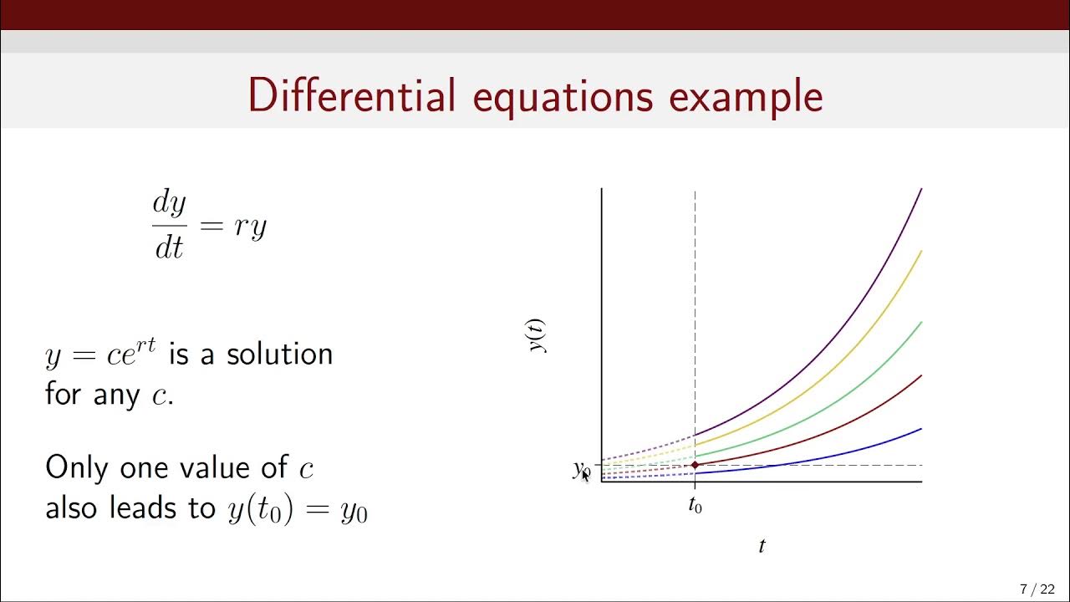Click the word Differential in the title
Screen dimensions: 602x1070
click(x=352, y=95)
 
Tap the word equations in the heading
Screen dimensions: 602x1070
click(x=563, y=97)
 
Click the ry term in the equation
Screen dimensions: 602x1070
click(x=250, y=227)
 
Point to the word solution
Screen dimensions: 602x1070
click(x=279, y=355)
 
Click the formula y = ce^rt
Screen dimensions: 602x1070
click(x=100, y=355)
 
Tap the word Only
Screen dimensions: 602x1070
click(x=78, y=467)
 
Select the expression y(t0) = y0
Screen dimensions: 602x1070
click(x=297, y=509)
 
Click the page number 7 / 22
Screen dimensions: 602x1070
click(x=1037, y=589)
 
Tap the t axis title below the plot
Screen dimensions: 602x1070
click(x=762, y=547)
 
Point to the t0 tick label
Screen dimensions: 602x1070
click(x=695, y=506)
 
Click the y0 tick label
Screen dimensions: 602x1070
click(x=581, y=470)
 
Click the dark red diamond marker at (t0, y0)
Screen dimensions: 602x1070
click(x=695, y=465)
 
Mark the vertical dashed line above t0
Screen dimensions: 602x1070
click(x=695, y=318)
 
